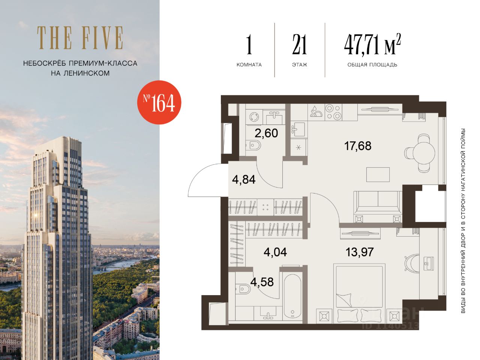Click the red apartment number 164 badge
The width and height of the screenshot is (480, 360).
(x=159, y=102)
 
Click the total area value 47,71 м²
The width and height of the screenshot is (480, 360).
(x=372, y=46)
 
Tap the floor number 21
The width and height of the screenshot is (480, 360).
(x=299, y=46)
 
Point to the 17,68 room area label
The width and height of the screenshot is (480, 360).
(x=357, y=146)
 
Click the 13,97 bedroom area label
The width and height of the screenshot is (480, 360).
(x=360, y=252)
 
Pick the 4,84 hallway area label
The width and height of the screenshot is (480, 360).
(x=244, y=180)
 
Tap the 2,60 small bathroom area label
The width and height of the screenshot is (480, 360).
(x=266, y=133)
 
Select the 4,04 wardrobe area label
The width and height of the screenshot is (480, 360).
(x=275, y=252)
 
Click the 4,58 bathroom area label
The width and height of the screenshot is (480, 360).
(x=262, y=282)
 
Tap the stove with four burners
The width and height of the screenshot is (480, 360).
(x=333, y=112)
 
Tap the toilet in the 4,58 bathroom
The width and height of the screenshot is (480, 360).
(x=241, y=289)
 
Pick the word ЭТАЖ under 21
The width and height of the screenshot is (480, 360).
(x=299, y=65)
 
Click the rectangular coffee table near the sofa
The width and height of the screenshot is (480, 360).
(x=378, y=174)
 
